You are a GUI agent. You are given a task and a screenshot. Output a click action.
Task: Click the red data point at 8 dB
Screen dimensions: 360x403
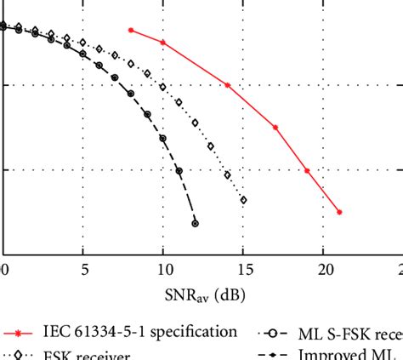coord(131,30)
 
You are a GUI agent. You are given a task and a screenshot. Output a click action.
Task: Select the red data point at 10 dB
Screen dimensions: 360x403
coord(163,42)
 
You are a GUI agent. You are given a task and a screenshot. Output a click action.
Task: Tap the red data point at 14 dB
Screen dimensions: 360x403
coord(227,85)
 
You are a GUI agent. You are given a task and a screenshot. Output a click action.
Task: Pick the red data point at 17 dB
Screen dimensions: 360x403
coord(275,127)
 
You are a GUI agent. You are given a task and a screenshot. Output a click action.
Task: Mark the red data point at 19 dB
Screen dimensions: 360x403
coord(307,170)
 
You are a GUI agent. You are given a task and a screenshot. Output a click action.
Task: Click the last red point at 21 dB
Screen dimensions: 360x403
coord(339,212)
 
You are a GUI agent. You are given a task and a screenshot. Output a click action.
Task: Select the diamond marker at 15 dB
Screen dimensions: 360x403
coord(244,200)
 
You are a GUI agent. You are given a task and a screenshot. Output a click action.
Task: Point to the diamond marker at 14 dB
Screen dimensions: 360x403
coord(227,175)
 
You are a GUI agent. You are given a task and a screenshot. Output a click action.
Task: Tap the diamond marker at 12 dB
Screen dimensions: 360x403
coord(196,123)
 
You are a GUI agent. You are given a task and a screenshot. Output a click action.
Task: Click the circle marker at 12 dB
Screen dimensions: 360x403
coord(196,224)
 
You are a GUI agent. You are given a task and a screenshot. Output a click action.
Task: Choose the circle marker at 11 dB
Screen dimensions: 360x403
coord(179,170)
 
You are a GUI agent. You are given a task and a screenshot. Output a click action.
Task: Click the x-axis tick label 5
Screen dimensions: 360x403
coord(83,270)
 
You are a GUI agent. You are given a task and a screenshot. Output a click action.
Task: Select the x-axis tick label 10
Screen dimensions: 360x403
coord(163,270)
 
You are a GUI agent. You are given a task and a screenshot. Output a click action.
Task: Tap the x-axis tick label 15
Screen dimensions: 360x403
coord(244,270)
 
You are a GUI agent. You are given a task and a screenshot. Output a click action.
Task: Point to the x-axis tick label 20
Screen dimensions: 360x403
coord(324,270)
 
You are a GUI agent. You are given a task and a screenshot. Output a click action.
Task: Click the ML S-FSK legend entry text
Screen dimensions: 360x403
coord(349,332)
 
